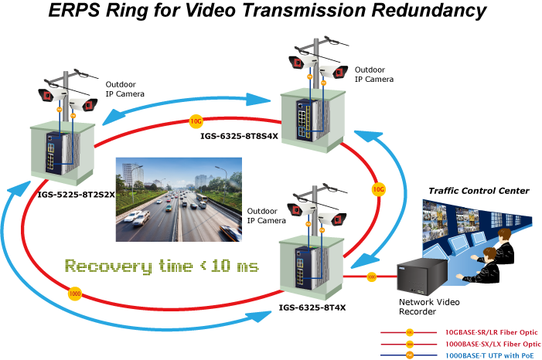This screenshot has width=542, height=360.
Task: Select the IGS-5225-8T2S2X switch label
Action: click(77, 195)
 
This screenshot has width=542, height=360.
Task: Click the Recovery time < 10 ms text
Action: click(162, 266)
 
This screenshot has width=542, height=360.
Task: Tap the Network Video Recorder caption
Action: click(422, 307)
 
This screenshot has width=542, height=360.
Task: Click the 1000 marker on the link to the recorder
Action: click(372, 276)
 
